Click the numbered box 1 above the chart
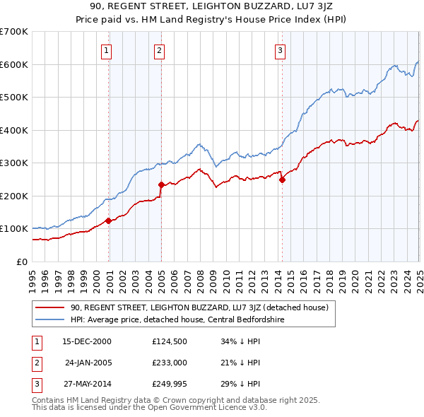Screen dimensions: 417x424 tap(106, 50)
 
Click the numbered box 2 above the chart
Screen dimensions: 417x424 tap(159, 50)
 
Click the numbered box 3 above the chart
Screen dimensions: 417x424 tap(280, 50)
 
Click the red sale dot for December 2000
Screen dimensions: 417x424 tap(109, 221)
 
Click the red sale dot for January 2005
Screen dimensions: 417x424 tap(162, 185)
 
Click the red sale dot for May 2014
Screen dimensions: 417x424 tap(282, 180)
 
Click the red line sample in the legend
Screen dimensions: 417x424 tap(49, 307)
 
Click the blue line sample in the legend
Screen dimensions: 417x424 tap(49, 319)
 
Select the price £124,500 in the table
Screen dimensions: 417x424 tap(168, 341)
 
